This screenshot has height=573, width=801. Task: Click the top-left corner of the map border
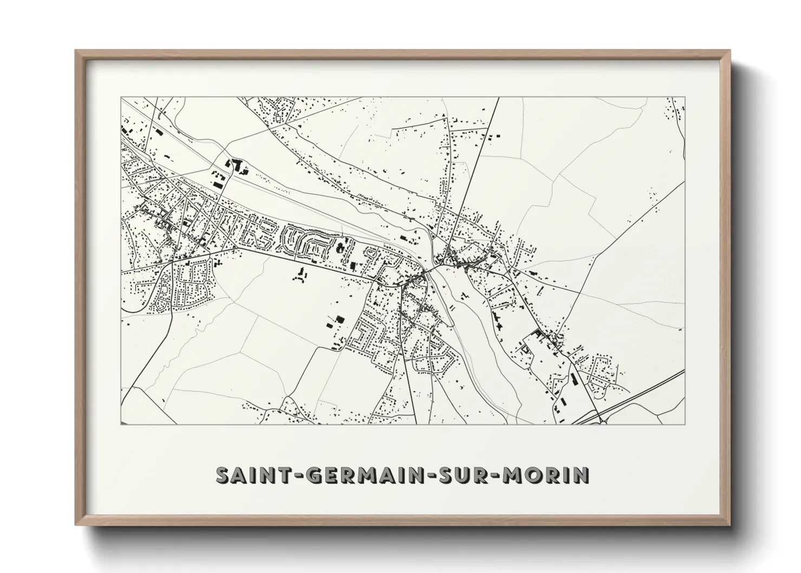click(121, 97)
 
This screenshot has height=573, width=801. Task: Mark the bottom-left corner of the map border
click(121, 424)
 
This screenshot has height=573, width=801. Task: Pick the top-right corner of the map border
click(685, 97)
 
